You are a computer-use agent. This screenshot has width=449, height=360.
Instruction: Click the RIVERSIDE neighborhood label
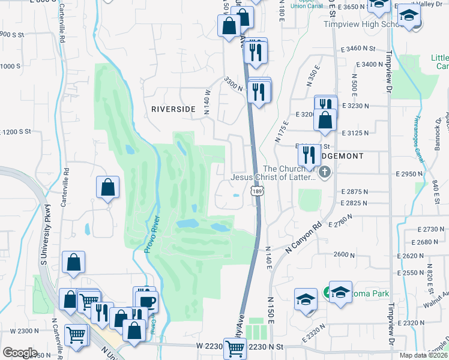click(x=173, y=109)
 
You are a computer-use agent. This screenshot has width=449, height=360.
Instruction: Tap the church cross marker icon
click(x=325, y=174)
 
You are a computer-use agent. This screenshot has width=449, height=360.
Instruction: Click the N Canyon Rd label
click(x=304, y=238)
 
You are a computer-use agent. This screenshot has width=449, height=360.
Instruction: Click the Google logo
click(x=20, y=353)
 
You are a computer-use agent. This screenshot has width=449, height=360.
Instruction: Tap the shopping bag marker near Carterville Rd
click(x=107, y=187)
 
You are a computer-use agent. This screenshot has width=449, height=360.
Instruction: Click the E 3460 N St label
click(x=358, y=48)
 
